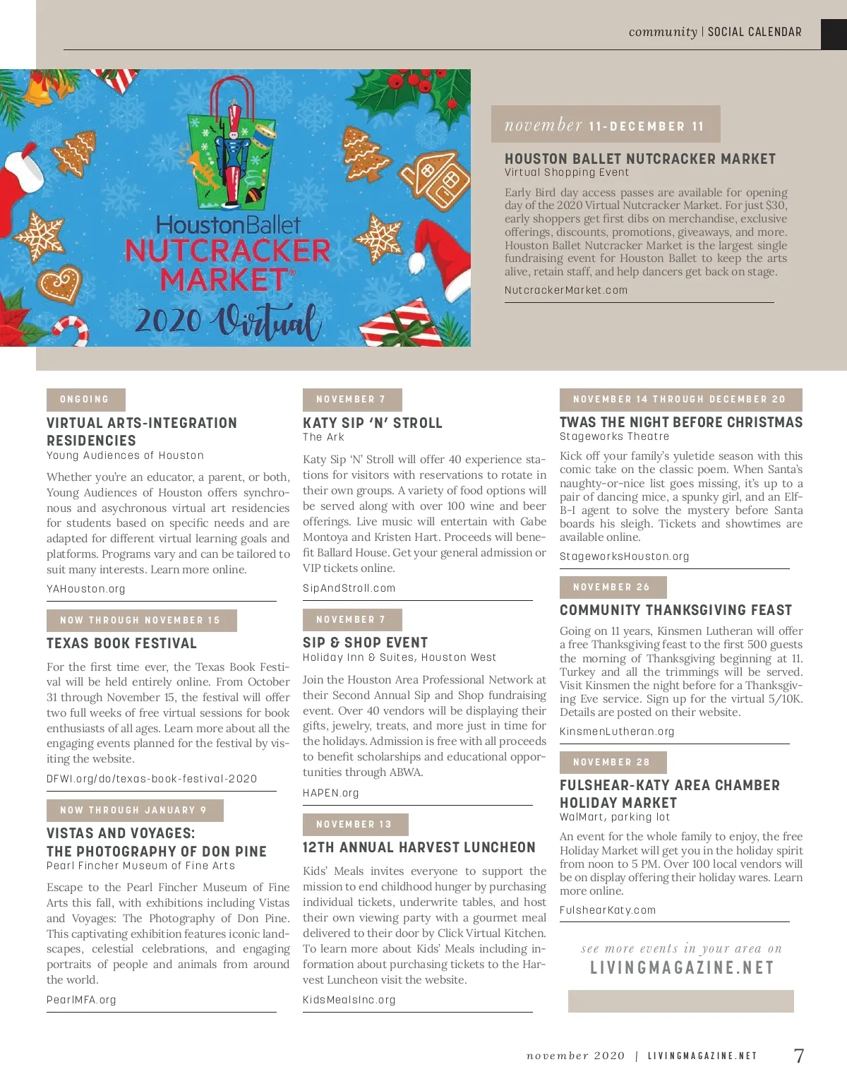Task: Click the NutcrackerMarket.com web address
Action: tap(566, 290)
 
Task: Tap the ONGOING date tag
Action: tap(85, 400)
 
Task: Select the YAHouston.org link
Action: tap(86, 589)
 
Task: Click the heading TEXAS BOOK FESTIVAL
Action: tap(122, 643)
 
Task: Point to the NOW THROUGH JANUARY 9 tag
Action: tap(134, 811)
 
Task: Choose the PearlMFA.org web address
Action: tap(81, 1000)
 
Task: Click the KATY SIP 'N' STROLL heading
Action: tap(373, 423)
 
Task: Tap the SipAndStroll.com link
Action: tap(349, 588)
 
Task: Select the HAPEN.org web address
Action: tap(331, 793)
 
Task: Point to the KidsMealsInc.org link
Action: tap(349, 1000)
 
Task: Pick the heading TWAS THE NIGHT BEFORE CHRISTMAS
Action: tap(681, 422)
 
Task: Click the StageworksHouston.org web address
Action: tap(625, 556)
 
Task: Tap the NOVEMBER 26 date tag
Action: tap(612, 587)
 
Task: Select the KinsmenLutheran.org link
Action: tap(617, 732)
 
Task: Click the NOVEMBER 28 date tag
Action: tap(612, 763)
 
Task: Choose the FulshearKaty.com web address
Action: tap(608, 910)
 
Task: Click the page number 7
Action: tap(799, 1056)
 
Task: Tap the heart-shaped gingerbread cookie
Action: tap(60, 284)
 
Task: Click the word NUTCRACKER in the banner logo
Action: tap(227, 251)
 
